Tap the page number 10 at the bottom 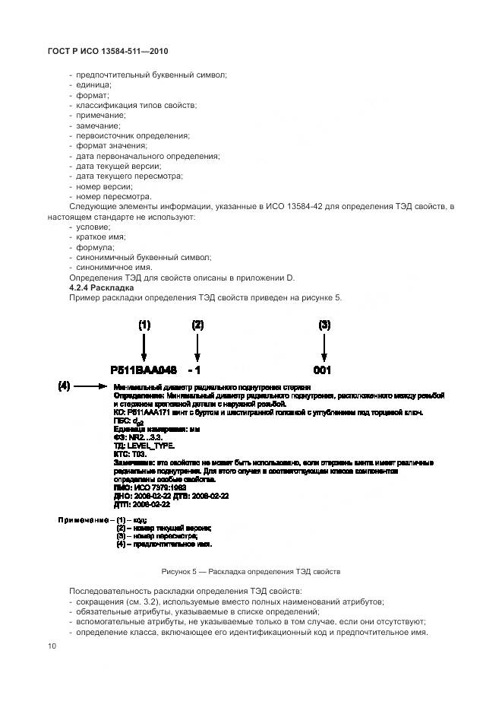pyautogui.click(x=52, y=646)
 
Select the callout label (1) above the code pyautogui.click(x=144, y=325)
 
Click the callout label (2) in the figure pyautogui.click(x=197, y=325)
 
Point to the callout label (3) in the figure pyautogui.click(x=324, y=325)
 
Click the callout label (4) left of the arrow pyautogui.click(x=65, y=386)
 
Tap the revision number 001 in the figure pyautogui.click(x=324, y=371)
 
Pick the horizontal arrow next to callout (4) pyautogui.click(x=93, y=387)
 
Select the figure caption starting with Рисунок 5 pyautogui.click(x=251, y=570)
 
